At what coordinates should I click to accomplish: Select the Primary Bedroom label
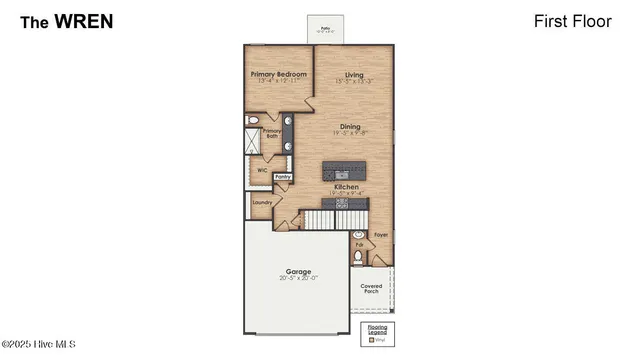point(277,75)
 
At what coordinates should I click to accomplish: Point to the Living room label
point(353,75)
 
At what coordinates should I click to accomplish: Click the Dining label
point(350,127)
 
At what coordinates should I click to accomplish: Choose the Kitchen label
point(345,187)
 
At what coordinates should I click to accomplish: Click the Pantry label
point(282,176)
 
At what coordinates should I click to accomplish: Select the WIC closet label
point(262,170)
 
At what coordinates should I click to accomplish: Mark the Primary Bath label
point(271,133)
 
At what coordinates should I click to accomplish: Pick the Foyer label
point(380,235)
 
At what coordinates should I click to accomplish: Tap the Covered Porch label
point(371,289)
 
